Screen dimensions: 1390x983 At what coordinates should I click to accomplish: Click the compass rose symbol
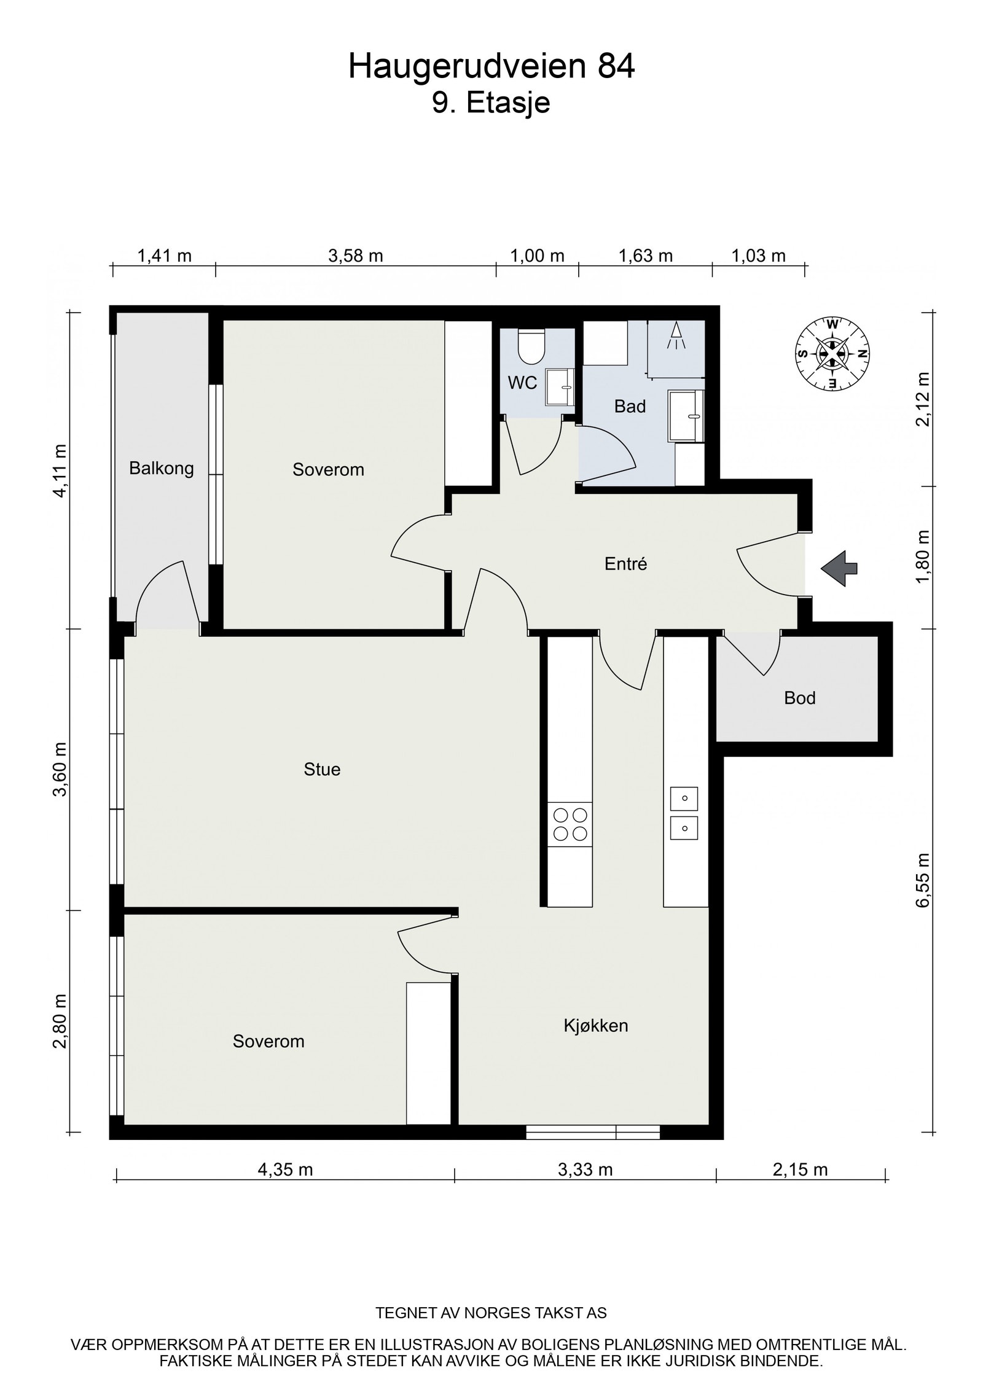(832, 353)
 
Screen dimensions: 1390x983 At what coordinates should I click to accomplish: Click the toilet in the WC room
(531, 346)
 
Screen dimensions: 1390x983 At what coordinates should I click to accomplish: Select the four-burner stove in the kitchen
(570, 824)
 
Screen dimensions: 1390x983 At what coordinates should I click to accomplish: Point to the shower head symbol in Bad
(676, 336)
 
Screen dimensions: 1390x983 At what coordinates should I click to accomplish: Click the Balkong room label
(161, 469)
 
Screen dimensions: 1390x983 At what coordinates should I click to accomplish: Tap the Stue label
(322, 769)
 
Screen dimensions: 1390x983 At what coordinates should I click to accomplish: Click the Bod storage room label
(799, 698)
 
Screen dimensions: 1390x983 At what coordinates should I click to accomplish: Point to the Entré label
(625, 564)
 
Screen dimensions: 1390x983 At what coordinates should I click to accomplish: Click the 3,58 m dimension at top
(355, 256)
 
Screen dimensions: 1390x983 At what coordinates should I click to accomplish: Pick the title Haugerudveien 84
(491, 66)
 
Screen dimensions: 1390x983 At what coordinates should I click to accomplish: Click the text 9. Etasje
(491, 103)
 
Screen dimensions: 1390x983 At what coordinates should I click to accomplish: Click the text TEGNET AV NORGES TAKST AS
(491, 1313)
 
